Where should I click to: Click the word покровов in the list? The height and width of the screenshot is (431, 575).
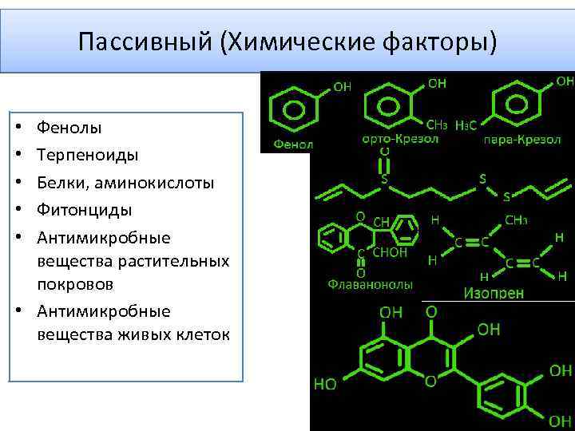pos(75,284)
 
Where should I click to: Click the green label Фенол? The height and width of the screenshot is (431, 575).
pos(293,144)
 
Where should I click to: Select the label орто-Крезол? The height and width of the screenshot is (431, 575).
pos(391,140)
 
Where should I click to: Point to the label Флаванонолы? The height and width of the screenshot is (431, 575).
pos(370,283)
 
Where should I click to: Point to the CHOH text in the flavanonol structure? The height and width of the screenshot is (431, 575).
pos(391,253)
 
